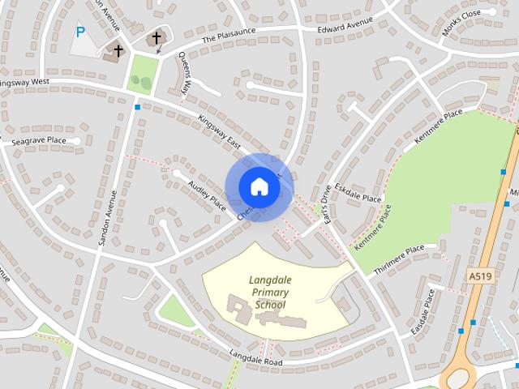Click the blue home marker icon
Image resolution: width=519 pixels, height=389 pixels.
[x=259, y=186]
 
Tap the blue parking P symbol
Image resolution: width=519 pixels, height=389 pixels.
[x=79, y=32]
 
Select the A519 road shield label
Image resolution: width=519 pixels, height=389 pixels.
[x=481, y=277]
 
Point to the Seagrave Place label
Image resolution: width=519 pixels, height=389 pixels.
[x=40, y=141]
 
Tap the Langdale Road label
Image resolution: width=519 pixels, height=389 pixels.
[x=255, y=357]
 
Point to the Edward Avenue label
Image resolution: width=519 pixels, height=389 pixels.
[x=345, y=24]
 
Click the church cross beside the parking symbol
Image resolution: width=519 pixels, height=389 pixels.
[x=118, y=51]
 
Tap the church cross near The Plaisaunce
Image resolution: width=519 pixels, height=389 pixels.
[x=157, y=38]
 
